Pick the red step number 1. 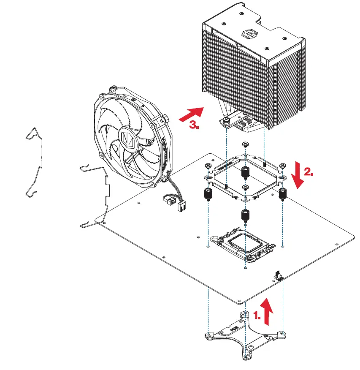point(257,315)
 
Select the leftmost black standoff point(208,194)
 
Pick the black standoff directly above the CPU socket point(244,215)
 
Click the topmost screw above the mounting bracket point(245,145)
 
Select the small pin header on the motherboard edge point(279,275)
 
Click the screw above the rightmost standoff point(282,166)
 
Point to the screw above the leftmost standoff point(208,166)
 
